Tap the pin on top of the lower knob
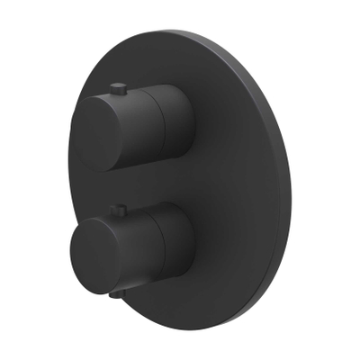(117, 211)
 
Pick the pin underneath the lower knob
(116, 292)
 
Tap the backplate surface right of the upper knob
(234, 126)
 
